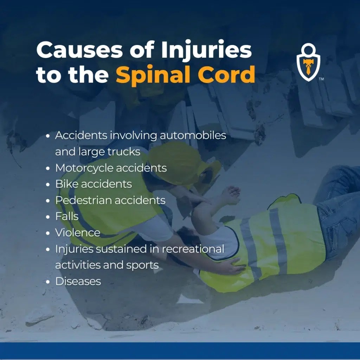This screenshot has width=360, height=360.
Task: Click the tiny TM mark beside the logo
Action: pos(321,79)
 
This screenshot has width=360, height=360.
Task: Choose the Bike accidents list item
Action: pos(94,184)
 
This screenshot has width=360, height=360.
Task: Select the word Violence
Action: pos(77,232)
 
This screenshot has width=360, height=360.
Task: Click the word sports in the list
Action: pos(143,265)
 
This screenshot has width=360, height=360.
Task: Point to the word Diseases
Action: pos(78,281)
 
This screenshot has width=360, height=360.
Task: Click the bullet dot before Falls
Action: pos(48,217)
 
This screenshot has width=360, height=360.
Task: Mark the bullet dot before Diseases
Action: pos(48,281)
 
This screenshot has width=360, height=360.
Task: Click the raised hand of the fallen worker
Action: pos(232,193)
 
